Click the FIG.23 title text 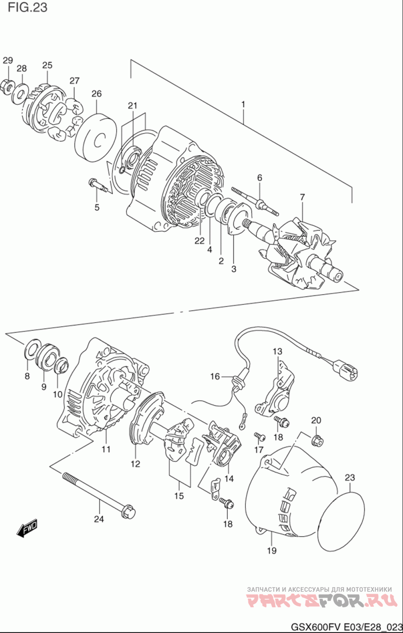[x=27, y=8]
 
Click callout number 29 [x=8, y=60]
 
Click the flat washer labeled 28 [x=20, y=94]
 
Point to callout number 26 [x=97, y=94]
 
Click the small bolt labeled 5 [x=98, y=185]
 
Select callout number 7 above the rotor [x=302, y=197]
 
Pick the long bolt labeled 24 [x=99, y=497]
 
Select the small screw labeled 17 [x=259, y=436]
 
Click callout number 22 [x=199, y=241]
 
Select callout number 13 [x=278, y=352]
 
